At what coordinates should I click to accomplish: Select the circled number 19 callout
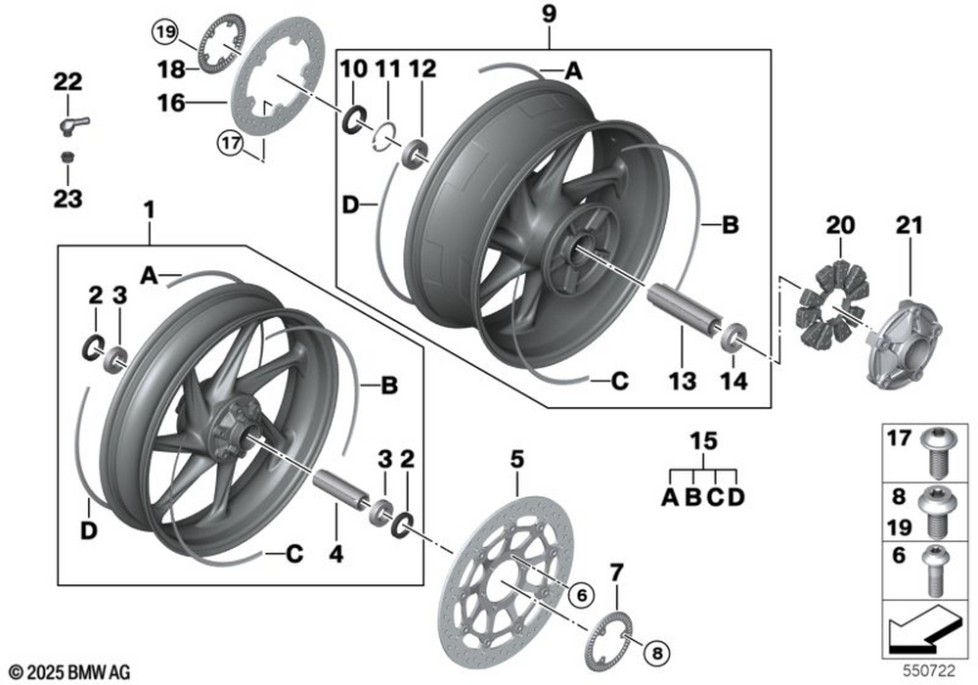click(165, 32)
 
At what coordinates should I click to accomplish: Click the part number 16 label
click(171, 103)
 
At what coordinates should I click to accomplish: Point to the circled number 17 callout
click(231, 144)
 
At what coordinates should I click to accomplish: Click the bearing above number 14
click(733, 336)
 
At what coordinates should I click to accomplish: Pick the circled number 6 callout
click(581, 595)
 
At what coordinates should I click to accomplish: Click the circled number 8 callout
click(656, 653)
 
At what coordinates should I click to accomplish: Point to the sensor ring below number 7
click(608, 641)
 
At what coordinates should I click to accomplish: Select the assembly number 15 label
click(703, 441)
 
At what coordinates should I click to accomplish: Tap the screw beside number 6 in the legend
click(935, 570)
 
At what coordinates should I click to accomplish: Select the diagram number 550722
click(929, 671)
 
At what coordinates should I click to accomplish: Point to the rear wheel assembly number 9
click(549, 15)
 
